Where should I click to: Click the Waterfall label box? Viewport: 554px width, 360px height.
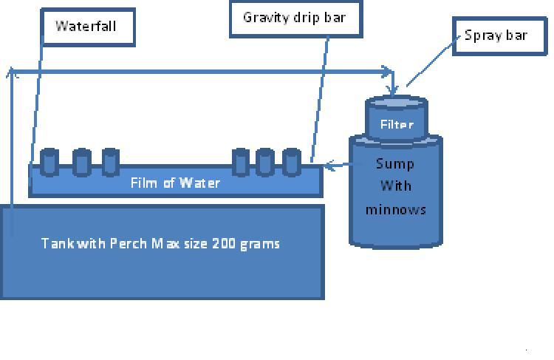point(86,26)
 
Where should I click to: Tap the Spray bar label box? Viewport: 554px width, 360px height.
point(495,35)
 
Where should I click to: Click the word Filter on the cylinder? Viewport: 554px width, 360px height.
point(397,125)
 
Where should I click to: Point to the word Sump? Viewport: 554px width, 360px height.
point(395,163)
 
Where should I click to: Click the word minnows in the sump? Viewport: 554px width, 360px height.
point(396,209)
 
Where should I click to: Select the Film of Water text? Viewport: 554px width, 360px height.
point(175,183)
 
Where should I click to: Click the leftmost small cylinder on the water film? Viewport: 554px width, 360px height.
point(49,162)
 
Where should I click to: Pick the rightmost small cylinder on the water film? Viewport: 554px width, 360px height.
point(292,162)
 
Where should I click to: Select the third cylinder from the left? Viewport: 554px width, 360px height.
point(111,162)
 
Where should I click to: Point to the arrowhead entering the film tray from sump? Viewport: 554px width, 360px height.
point(329,166)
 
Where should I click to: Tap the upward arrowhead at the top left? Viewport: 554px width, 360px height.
point(11,72)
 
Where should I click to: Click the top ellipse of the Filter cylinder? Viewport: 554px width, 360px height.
point(397,102)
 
